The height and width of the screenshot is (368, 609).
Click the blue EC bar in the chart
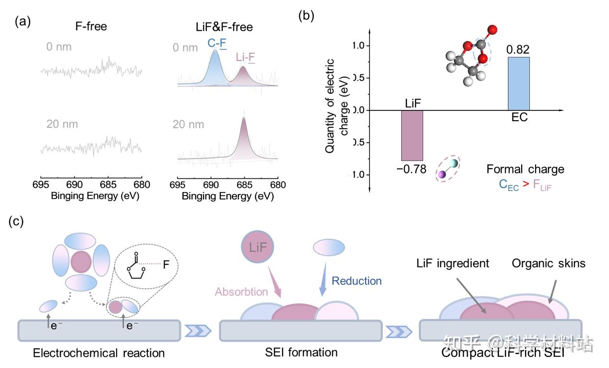[x=519, y=84]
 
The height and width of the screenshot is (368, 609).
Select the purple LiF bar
[x=412, y=135]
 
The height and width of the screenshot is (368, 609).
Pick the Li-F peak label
[x=245, y=58]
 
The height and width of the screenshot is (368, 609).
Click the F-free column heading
[x=91, y=26]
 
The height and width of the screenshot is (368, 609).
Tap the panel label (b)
[x=306, y=15]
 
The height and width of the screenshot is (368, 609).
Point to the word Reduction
[x=357, y=281]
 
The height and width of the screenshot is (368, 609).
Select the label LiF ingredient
[x=452, y=263]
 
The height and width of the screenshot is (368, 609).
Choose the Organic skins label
[x=549, y=263]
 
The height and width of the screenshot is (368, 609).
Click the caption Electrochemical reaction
[x=99, y=353]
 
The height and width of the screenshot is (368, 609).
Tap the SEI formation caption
[x=301, y=352]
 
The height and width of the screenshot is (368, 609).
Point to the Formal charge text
[x=525, y=169]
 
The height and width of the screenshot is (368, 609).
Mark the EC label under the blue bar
[x=519, y=117]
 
